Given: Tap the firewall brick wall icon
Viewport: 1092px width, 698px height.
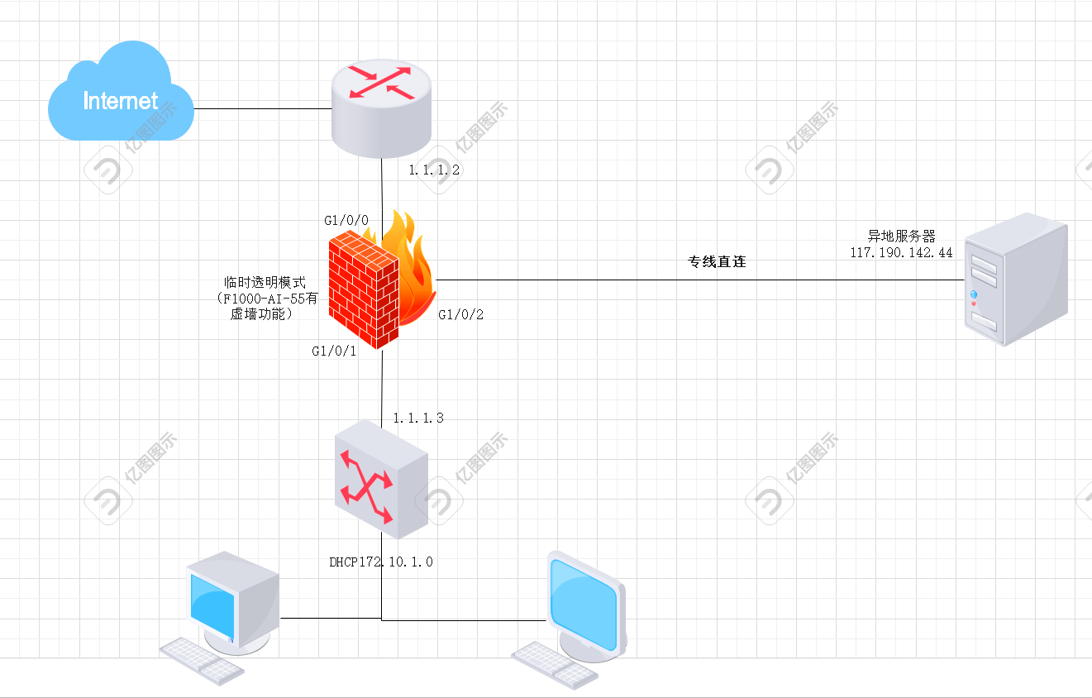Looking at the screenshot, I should (x=364, y=289).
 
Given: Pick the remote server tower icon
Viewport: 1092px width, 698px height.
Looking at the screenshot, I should (x=1016, y=280).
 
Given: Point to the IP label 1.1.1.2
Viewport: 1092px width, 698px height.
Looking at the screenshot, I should (x=434, y=170).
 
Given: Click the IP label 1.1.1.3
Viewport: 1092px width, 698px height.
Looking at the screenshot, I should (x=418, y=418).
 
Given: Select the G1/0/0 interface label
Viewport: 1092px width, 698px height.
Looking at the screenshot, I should (x=346, y=221).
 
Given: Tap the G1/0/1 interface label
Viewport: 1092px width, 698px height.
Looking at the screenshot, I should (x=334, y=351).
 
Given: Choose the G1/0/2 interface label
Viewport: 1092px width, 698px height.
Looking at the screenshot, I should (x=460, y=314).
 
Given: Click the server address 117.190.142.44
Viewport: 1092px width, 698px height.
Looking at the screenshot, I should (x=901, y=252).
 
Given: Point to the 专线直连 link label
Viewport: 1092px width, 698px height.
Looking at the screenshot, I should (x=717, y=261).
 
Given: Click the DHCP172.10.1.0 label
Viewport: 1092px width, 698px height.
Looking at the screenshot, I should (x=380, y=562).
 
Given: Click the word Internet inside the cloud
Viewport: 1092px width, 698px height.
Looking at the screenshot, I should (x=120, y=101).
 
